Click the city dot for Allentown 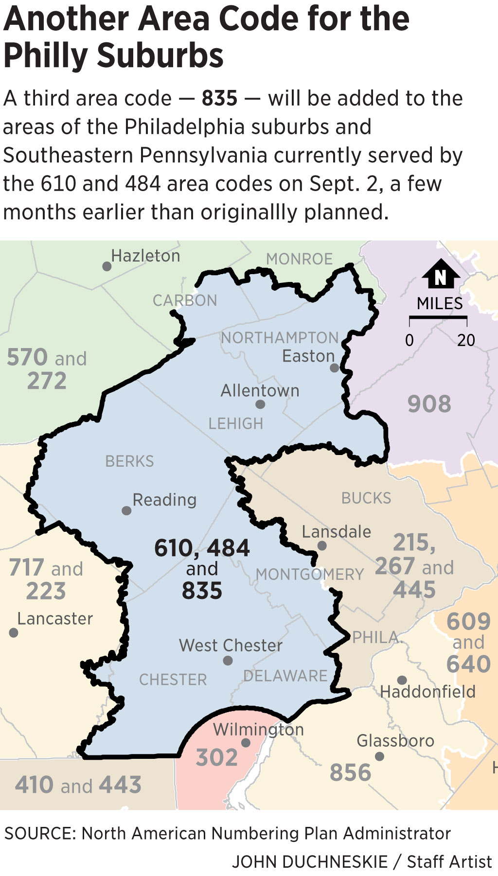point(260,404)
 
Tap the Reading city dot point(126,510)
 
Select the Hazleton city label point(145,256)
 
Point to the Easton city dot point(335,368)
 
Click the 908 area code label point(429,404)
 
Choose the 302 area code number point(216,757)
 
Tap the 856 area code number point(350,772)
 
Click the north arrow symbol point(441,275)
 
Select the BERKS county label point(129,461)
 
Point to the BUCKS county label point(366,498)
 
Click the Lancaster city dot point(14,632)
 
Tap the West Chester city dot point(228,661)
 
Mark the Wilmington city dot point(246,743)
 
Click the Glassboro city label point(395,740)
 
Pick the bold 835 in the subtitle point(219,98)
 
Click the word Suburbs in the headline point(160,55)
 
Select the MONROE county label point(299,259)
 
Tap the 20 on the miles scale point(465,340)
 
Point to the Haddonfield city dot point(402,680)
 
